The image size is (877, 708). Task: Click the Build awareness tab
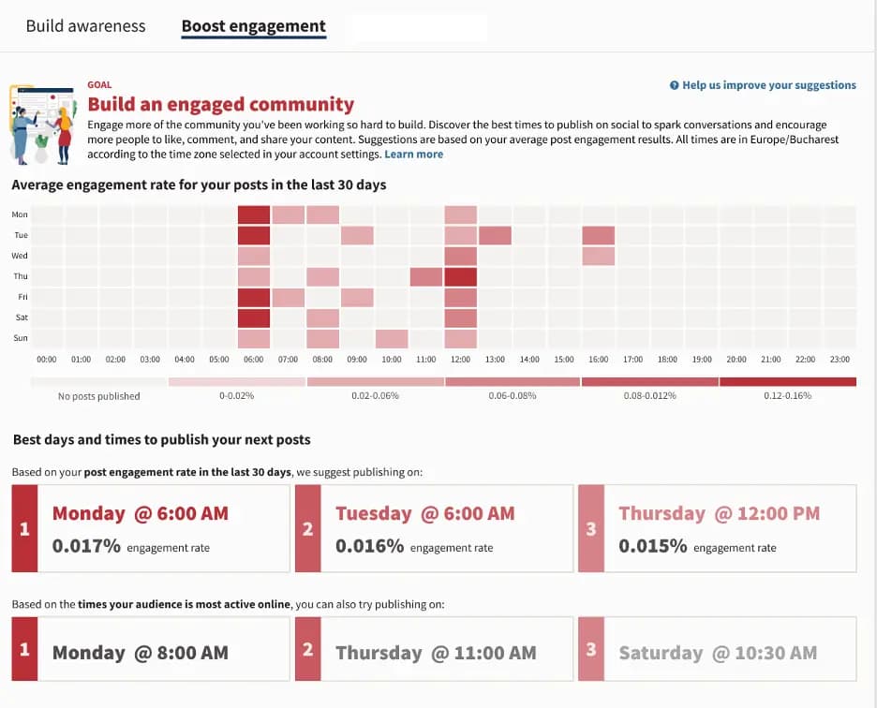pos(85,26)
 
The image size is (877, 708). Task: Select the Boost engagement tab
pos(253,26)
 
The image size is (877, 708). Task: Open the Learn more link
pos(413,154)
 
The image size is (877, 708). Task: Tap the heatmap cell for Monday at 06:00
pos(254,214)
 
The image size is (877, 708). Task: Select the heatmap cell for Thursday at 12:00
pos(460,276)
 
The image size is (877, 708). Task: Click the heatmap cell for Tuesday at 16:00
pos(598,235)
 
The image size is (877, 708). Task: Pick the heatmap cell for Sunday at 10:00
pos(392,338)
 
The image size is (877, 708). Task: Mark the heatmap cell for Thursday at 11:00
pos(426,276)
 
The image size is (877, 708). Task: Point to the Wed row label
pos(20,256)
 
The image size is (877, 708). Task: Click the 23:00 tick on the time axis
pos(839,359)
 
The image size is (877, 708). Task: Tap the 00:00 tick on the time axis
pos(47,359)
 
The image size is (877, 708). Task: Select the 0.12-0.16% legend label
pos(787,396)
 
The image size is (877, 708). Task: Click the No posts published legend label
pos(98,396)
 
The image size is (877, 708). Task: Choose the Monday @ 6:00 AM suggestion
pos(141,513)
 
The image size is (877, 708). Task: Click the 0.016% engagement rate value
pos(370,546)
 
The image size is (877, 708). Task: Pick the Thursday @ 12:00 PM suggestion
pos(719,513)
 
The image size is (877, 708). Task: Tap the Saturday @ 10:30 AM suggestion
pos(717,653)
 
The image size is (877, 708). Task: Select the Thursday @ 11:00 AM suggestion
pos(436,653)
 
